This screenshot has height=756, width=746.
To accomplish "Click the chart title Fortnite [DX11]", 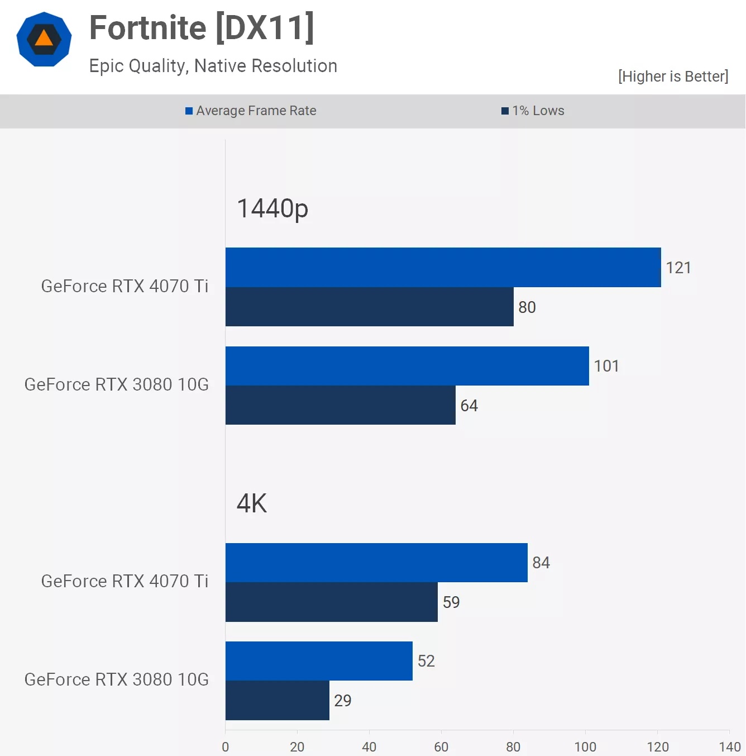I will (202, 28).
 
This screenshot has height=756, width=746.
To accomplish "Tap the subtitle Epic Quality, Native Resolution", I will (213, 66).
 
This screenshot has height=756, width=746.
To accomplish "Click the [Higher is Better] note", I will (673, 77).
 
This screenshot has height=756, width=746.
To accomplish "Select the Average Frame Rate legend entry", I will (251, 111).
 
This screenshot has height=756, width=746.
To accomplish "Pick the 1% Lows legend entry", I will (533, 111).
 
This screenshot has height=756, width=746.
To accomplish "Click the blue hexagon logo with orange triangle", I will (44, 39).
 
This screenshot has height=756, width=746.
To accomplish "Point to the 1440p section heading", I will (272, 208).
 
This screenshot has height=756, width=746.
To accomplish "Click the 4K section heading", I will (252, 503).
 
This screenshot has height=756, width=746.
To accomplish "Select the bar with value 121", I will (443, 267).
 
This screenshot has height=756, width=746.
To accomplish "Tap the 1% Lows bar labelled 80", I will (369, 307).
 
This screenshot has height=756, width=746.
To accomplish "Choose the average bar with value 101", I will (407, 366).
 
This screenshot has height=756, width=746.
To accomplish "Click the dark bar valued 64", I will (340, 405).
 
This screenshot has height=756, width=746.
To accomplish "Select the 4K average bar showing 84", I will (376, 563).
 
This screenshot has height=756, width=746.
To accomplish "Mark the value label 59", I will (451, 602).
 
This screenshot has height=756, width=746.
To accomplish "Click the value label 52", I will (426, 661).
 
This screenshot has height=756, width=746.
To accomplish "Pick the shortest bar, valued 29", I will (277, 701).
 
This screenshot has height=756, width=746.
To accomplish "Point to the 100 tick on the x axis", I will (585, 747).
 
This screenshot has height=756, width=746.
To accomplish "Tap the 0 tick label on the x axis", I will (225, 747).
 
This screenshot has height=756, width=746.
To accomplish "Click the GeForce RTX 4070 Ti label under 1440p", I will (125, 286).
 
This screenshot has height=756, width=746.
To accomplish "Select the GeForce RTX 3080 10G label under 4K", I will (116, 679).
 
